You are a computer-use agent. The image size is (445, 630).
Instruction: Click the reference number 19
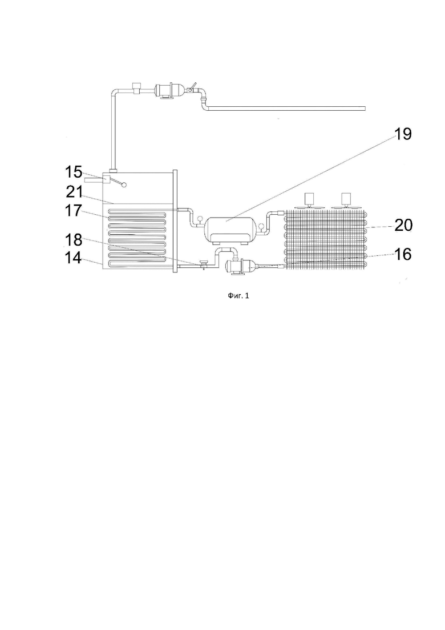coord(403,134)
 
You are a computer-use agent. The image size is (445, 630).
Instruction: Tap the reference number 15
coord(74,172)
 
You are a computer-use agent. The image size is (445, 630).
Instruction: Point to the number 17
coord(74,211)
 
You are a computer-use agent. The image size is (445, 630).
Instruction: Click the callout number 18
coord(74,240)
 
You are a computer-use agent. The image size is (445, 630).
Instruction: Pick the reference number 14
coord(74,258)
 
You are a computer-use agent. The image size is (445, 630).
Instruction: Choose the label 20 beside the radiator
coord(403,226)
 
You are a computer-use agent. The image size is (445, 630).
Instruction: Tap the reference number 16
coord(403,254)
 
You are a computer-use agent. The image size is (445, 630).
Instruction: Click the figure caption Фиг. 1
coord(238,296)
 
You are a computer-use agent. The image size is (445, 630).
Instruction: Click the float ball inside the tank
coord(124,185)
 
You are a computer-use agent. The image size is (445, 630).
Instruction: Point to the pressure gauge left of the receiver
coord(199,219)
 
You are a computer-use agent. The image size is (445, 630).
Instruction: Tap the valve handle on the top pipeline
coord(193,86)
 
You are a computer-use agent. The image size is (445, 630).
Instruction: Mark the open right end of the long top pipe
coord(365,108)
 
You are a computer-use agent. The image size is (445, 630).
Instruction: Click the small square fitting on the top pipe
coord(136,87)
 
